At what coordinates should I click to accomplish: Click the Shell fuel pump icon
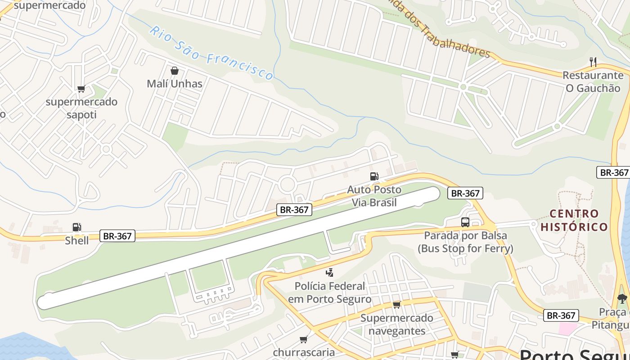coord(77,228)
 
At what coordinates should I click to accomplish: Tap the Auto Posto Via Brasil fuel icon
coord(374,176)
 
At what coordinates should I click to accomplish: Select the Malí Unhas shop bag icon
coord(175,71)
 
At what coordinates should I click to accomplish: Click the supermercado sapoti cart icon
coord(81,89)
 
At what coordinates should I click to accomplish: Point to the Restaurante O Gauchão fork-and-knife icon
coord(593,62)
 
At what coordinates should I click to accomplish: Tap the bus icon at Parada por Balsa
coord(465,222)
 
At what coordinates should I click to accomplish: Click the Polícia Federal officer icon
coord(330,272)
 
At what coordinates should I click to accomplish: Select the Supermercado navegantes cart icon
coord(396,305)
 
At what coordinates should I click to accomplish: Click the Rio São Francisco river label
coord(211,53)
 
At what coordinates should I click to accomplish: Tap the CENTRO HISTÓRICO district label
coord(574,220)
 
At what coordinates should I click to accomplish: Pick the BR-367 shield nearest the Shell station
coord(118,236)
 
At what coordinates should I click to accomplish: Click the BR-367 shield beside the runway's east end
coord(465,193)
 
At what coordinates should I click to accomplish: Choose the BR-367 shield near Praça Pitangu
coord(561,315)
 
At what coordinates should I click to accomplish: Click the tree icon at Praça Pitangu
coord(622,298)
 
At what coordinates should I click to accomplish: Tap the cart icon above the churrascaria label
coord(304,339)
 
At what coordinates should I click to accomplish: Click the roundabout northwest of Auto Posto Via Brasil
coord(287,184)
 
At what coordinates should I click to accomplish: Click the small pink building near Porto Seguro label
coord(568,328)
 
